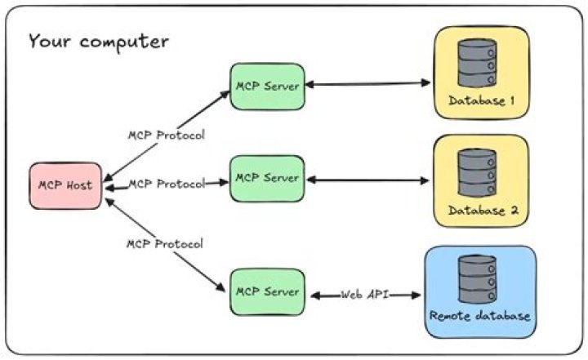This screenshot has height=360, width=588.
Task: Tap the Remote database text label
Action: pyautogui.click(x=480, y=315)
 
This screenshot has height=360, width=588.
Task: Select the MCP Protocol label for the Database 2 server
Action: pyautogui.click(x=166, y=184)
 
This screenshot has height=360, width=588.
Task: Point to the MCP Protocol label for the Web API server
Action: pyautogui.click(x=164, y=243)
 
